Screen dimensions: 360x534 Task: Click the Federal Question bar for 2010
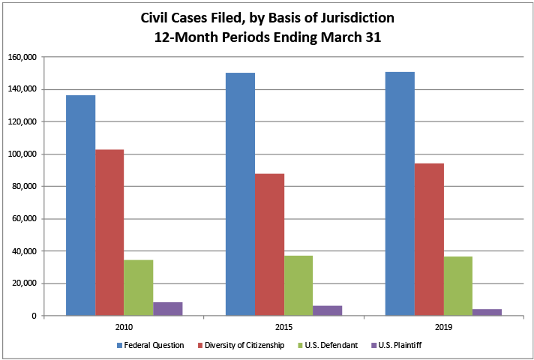[80, 205]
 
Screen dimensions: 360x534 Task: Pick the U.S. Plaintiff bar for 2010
[168, 309]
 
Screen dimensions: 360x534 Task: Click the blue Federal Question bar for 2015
[241, 194]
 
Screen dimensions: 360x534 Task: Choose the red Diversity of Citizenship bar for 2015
[270, 244]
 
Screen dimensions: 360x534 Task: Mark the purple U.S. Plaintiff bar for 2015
[328, 310]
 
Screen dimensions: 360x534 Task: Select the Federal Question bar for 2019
[400, 193]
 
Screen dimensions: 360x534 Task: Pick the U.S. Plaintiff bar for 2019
[487, 312]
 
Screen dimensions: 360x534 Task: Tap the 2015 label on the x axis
[284, 327]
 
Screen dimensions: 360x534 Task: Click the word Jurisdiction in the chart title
[352, 16]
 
